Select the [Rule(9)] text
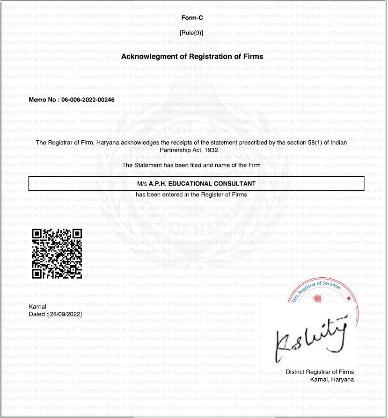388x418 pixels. [x=191, y=33]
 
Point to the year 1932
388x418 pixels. [x=211, y=150]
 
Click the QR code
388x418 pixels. [x=57, y=254]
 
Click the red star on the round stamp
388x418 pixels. [x=348, y=298]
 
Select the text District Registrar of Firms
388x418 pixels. [x=320, y=372]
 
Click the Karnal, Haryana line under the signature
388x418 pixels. [x=332, y=380]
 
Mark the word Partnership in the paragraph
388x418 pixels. [x=176, y=150]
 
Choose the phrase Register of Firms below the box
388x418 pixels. [x=224, y=195]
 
